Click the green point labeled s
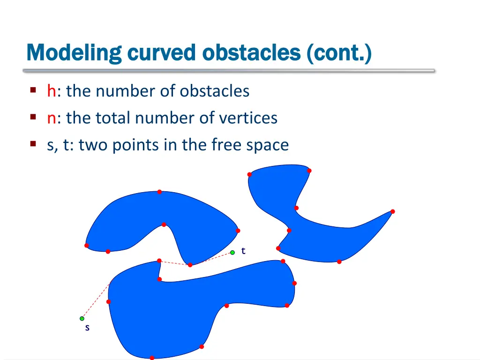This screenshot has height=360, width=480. (82, 319)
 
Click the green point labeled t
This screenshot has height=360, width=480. (232, 253)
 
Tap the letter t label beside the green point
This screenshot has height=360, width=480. (243, 251)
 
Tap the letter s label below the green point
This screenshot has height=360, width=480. (87, 328)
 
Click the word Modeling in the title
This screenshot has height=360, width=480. (74, 52)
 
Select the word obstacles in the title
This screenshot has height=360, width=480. (251, 52)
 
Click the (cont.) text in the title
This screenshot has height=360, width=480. (339, 52)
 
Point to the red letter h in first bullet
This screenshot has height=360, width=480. (51, 90)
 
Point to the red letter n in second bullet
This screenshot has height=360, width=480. (51, 118)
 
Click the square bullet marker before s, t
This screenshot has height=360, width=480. (33, 144)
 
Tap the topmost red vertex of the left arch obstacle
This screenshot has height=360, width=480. (159, 192)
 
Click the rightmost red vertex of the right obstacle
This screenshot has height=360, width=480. (393, 211)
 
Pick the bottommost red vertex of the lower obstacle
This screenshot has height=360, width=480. (152, 358)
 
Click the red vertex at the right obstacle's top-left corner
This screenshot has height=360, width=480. (249, 174)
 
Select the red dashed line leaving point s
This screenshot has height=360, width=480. (96, 301)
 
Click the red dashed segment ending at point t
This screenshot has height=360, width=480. (212, 259)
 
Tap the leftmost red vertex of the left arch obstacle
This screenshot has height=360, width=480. (86, 246)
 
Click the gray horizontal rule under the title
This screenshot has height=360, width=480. (229, 71)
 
